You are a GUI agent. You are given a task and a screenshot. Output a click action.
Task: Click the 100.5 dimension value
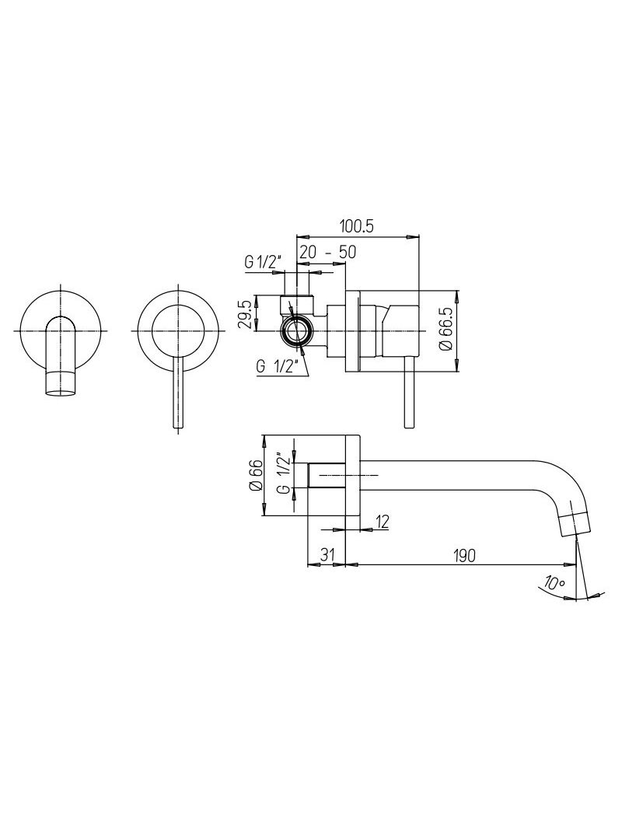pyautogui.click(x=357, y=227)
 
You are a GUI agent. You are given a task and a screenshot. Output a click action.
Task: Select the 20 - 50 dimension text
pyautogui.click(x=327, y=253)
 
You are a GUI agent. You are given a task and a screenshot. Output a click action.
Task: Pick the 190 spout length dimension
pyautogui.click(x=463, y=555)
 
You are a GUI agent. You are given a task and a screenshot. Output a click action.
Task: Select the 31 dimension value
pyautogui.click(x=326, y=554)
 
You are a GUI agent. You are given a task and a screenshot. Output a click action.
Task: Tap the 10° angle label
pyautogui.click(x=554, y=582)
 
